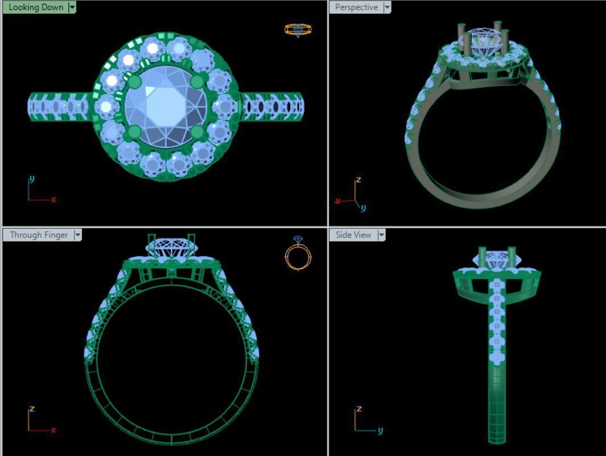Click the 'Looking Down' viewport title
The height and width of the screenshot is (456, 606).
tap(35, 7)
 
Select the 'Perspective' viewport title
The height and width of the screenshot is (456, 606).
tap(356, 7)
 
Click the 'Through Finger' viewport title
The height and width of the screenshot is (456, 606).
tap(39, 235)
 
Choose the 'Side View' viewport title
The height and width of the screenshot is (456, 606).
tap(353, 235)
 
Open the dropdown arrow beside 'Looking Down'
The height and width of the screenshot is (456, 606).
tap(72, 7)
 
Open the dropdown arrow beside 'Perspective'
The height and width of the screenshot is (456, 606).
tap(387, 7)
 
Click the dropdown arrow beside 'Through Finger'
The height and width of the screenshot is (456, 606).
tap(77, 235)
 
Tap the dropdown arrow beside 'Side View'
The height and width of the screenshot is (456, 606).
tap(381, 235)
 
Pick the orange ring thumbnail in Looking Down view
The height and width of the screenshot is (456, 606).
tap(298, 29)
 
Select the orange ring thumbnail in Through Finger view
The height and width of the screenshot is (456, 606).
tap(298, 254)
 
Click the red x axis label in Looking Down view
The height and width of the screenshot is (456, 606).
tap(53, 200)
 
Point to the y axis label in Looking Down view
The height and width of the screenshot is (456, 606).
tap(31, 179)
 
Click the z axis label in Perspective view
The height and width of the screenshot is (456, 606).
tap(358, 180)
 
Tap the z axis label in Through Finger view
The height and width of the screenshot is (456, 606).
tap(32, 409)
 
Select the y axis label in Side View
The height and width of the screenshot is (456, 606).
tap(380, 430)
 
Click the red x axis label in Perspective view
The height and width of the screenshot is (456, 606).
tap(337, 201)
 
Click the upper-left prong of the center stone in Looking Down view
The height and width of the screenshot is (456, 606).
tap(134, 83)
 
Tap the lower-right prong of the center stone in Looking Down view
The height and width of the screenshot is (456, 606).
tap(197, 132)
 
